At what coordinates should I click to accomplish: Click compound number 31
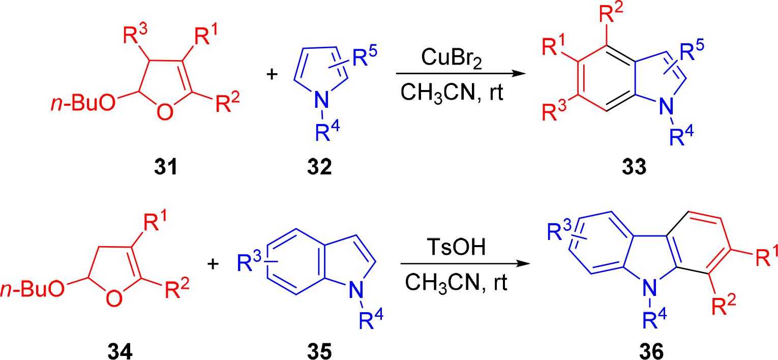tap(166, 166)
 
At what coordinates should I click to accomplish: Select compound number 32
tap(319, 166)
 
